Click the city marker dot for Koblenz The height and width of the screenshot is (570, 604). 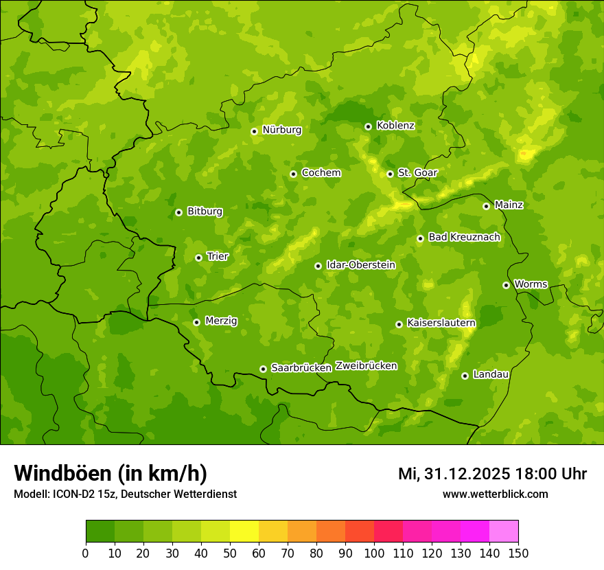click(x=368, y=126)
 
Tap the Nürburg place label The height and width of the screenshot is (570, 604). click(x=281, y=130)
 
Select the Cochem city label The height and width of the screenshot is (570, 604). click(x=321, y=173)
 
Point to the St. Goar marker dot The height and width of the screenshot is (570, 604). click(x=390, y=174)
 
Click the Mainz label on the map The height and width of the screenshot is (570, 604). click(x=509, y=205)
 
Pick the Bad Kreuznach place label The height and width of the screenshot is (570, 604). click(x=464, y=238)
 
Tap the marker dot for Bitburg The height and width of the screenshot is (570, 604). click(x=178, y=212)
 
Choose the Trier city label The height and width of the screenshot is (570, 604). click(x=218, y=257)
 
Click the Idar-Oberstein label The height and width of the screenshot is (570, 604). click(x=360, y=265)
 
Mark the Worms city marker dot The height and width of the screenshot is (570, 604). click(x=506, y=285)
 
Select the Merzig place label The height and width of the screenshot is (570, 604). click(x=221, y=321)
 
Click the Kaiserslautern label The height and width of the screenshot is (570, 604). click(x=441, y=323)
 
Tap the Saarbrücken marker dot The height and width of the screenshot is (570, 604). click(x=263, y=369)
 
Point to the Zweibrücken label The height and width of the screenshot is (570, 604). click(x=366, y=366)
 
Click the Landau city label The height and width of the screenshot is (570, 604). click(x=491, y=375)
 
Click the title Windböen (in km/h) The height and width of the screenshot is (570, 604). click(x=111, y=473)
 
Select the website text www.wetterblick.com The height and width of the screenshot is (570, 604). click(x=495, y=494)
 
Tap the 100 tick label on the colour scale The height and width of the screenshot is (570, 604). click(x=374, y=552)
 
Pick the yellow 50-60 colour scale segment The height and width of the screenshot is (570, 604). click(x=244, y=532)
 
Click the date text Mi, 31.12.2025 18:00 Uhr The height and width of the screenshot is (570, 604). click(x=492, y=474)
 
